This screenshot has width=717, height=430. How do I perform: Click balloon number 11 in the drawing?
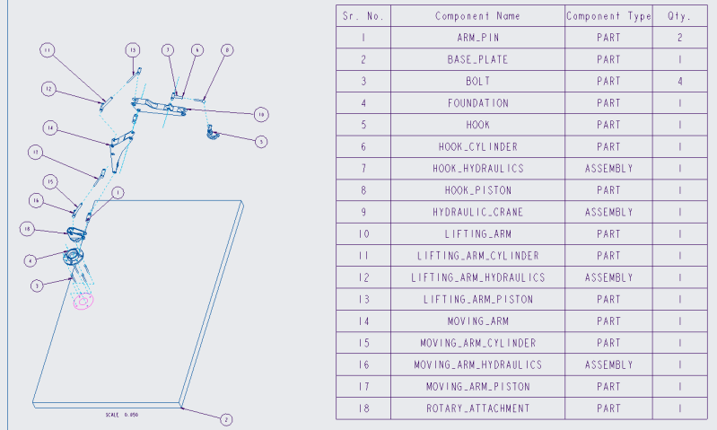(x=48, y=50)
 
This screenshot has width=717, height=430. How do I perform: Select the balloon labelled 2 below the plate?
(x=225, y=419)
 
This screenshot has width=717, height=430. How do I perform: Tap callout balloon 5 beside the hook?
(x=260, y=141)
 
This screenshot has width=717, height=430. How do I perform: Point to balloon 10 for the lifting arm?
(x=260, y=114)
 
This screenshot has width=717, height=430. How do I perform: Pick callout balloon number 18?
(x=28, y=230)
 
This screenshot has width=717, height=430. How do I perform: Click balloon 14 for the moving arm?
(x=50, y=128)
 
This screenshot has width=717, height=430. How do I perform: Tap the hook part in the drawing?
(x=214, y=135)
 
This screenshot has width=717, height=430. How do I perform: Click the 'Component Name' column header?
(x=477, y=16)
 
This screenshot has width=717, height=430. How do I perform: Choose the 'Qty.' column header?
(x=680, y=16)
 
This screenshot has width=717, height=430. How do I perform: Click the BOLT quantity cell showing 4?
(x=680, y=82)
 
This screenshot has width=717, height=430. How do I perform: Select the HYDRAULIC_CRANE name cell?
(x=477, y=213)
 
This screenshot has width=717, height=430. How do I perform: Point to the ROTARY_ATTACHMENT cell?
(x=477, y=408)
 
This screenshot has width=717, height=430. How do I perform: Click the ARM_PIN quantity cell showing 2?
(x=680, y=39)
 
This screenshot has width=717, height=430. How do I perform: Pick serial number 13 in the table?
(x=363, y=300)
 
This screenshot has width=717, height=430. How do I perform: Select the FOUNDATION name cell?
(x=477, y=103)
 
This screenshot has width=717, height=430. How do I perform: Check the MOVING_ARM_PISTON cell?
(x=477, y=387)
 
